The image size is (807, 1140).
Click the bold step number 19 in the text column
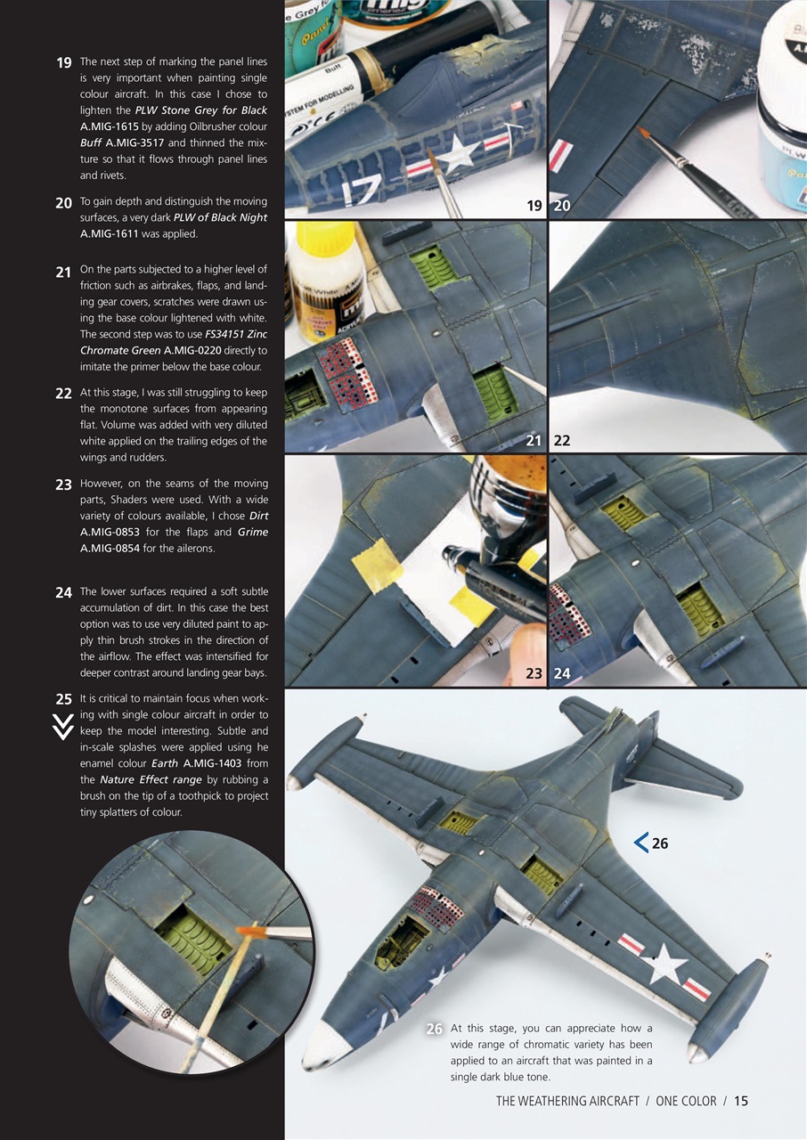[x=63, y=62]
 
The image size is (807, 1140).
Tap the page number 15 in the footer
[x=741, y=1101]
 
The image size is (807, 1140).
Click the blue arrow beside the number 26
[x=640, y=843]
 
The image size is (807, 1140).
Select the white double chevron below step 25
[x=62, y=728]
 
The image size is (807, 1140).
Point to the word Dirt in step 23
[x=258, y=516]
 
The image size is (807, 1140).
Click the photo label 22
[x=562, y=440]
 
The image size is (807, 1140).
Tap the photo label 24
[x=562, y=673]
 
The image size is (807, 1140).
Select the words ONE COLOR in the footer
[x=686, y=1101]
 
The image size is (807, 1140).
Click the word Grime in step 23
[x=252, y=532]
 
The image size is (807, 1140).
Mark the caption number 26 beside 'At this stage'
[x=434, y=1029]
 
